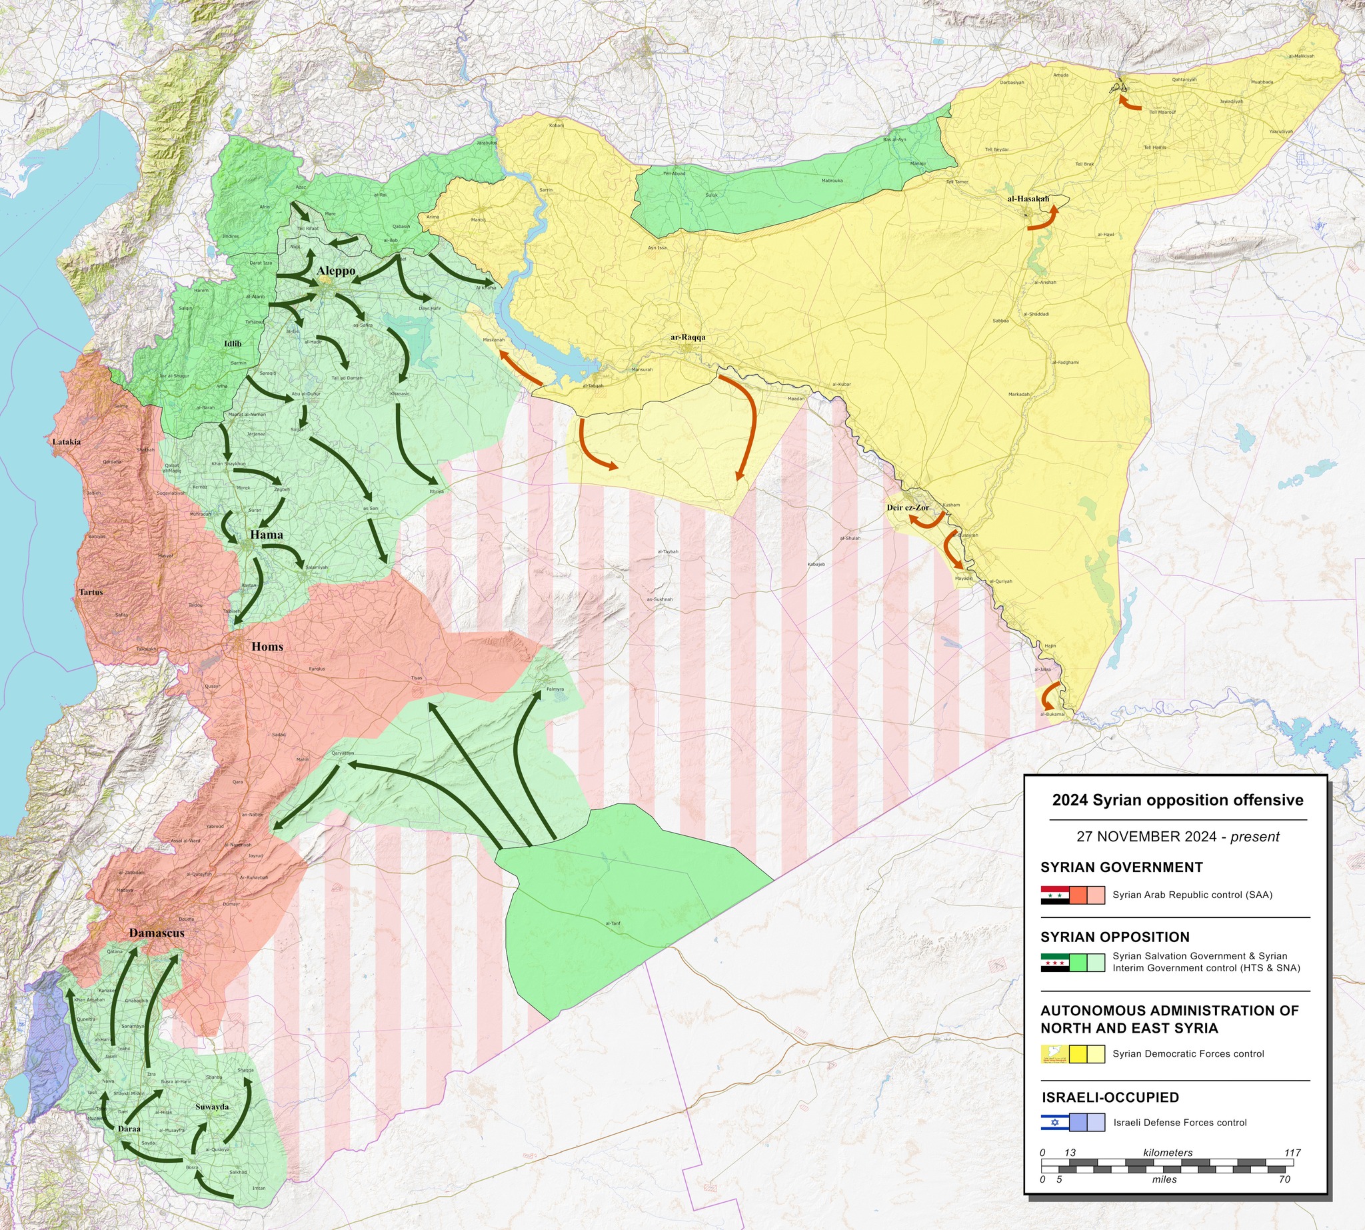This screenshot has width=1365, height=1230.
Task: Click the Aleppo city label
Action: [x=336, y=271]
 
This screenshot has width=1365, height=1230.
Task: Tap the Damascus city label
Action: [x=156, y=933]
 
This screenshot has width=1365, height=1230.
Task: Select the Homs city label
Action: [x=267, y=647]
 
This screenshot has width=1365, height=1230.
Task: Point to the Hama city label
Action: [x=266, y=535]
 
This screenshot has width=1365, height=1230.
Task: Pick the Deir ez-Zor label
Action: [x=908, y=507]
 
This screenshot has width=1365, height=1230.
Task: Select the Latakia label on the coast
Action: [x=66, y=442]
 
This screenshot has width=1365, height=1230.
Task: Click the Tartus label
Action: [x=91, y=592]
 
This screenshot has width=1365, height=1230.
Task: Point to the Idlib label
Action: [x=233, y=344]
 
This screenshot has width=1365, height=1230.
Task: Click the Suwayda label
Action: [x=211, y=1107]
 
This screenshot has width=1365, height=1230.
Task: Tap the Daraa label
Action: [x=129, y=1129]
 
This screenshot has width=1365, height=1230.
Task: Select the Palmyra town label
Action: [x=555, y=690]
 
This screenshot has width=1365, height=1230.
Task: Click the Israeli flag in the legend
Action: [x=1054, y=1123]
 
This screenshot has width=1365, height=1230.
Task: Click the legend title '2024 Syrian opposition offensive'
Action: [x=1177, y=800]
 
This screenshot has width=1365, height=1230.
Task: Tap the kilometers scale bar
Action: [x=1167, y=1165]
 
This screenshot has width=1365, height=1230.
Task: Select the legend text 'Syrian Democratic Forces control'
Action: [x=1188, y=1053]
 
